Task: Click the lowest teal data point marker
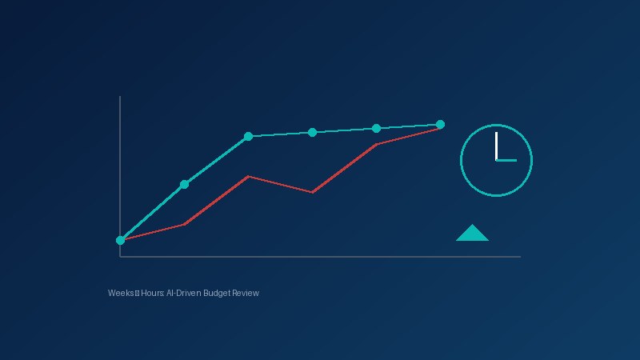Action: click(x=121, y=240)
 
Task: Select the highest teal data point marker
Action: click(x=440, y=124)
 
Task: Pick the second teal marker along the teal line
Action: click(x=185, y=184)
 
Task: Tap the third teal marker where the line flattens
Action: click(x=249, y=136)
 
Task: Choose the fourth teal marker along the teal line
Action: click(x=313, y=132)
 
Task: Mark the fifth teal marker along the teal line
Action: click(x=376, y=128)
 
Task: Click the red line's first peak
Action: click(x=249, y=176)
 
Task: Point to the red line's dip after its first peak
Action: click(x=313, y=192)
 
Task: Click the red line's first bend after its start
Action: click(x=185, y=224)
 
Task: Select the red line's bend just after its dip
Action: click(x=376, y=145)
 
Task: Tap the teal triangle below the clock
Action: click(x=472, y=234)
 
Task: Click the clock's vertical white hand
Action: click(x=496, y=146)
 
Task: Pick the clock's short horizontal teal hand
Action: click(x=507, y=161)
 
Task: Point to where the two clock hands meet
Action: click(x=496, y=160)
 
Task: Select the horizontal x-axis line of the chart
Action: click(x=320, y=257)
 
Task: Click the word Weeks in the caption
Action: click(x=121, y=294)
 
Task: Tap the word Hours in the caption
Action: click(x=152, y=294)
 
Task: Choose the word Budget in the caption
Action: click(x=217, y=294)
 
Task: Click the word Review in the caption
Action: click(x=246, y=294)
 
